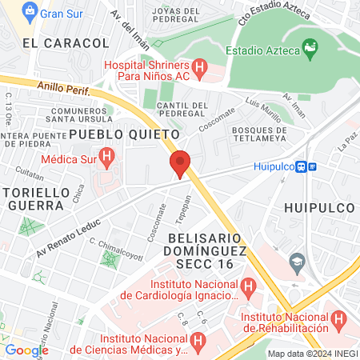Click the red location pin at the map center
[x=180, y=163]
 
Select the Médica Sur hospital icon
[x=103, y=155]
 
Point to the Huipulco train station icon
[x=301, y=167]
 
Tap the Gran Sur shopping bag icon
[x=29, y=12]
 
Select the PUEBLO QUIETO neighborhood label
[x=117, y=133]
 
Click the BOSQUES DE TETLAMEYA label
[x=258, y=135]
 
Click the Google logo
[x=26, y=350]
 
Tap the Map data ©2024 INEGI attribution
[x=311, y=353]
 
